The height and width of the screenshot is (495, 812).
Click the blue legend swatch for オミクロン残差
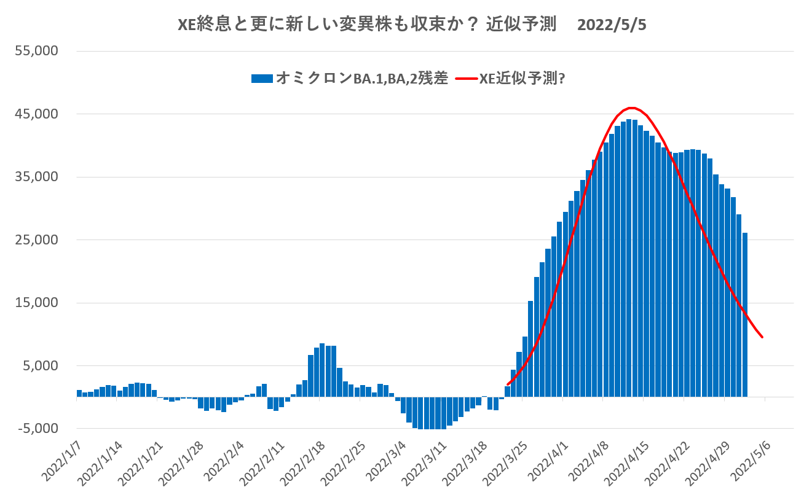[x=261, y=79]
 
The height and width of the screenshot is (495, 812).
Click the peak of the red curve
[x=631, y=108]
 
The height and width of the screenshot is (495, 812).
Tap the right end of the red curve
[x=762, y=337]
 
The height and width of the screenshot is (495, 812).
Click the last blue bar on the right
[x=745, y=314]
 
